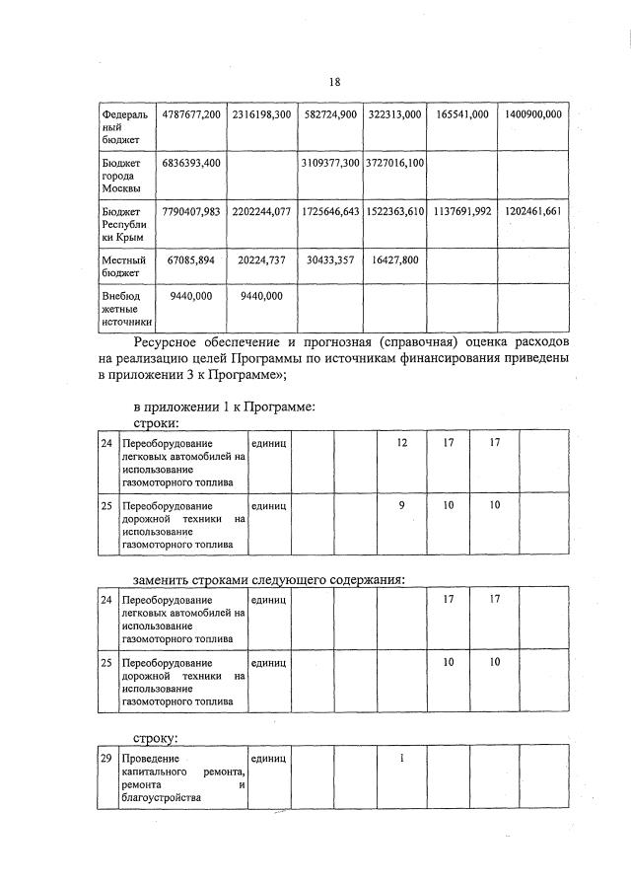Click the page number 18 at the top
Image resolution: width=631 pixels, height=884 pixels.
[x=334, y=84]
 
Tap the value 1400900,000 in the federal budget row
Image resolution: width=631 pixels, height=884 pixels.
[x=532, y=115]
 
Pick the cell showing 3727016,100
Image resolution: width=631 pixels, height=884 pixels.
[x=393, y=162]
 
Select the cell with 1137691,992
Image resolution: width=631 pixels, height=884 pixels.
[x=461, y=212]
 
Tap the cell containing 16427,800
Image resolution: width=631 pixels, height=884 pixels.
[x=393, y=259]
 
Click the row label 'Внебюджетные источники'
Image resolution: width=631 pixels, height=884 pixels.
[x=127, y=308]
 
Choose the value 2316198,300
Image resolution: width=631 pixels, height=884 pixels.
[x=261, y=115]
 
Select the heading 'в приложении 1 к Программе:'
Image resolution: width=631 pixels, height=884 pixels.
[x=224, y=405]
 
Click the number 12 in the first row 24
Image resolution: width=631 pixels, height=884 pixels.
[x=402, y=443]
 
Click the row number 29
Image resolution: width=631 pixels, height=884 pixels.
[x=106, y=757]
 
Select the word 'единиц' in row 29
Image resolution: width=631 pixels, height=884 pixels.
[x=268, y=757]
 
